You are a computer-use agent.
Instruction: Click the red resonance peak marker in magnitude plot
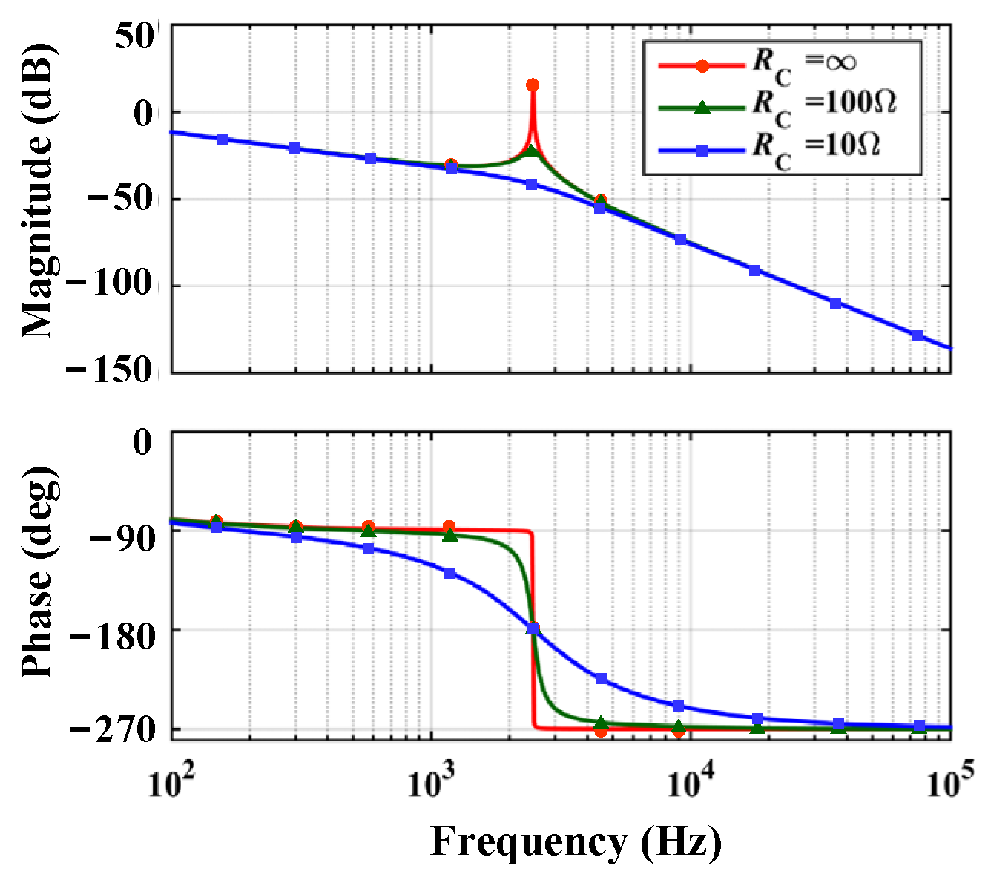533,85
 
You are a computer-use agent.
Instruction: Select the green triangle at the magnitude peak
531,151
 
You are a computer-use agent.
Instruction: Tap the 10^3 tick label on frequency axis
430,783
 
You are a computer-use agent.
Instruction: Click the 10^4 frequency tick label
691,783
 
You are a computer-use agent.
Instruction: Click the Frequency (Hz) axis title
576,842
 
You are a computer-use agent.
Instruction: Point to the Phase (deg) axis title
37,573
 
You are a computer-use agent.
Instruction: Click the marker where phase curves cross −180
533,628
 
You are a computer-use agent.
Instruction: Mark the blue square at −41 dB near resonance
532,184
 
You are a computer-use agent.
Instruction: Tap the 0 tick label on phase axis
142,444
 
